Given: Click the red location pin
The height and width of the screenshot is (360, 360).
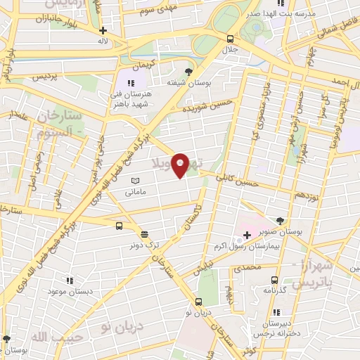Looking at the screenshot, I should (180, 165).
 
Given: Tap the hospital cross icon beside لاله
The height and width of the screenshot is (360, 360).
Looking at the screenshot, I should (103, 30).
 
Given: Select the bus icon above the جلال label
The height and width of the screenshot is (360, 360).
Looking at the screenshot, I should (230, 39).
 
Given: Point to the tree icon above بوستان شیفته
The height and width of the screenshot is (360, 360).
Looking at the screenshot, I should (188, 71).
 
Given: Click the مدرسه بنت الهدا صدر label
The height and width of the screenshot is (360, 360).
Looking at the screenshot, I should (279, 13).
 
